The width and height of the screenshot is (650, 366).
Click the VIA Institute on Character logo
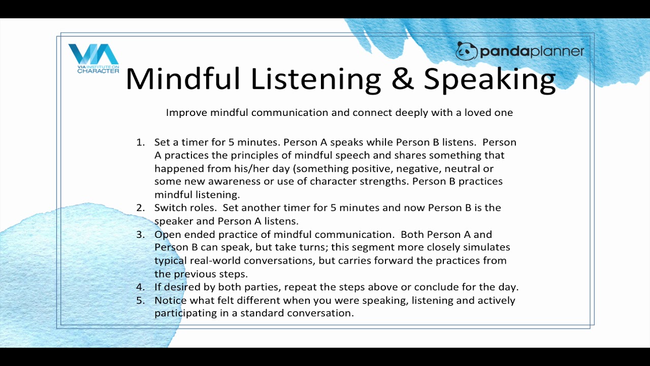click(x=93, y=58)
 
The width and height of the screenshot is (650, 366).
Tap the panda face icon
click(x=466, y=51)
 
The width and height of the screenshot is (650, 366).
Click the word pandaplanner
click(x=532, y=51)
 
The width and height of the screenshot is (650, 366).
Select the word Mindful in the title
click(x=183, y=79)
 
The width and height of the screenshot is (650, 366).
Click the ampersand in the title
click(x=402, y=79)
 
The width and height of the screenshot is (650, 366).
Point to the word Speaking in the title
click(x=490, y=80)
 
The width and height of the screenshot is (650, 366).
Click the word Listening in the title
click(x=316, y=80)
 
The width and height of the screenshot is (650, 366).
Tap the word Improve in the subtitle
click(x=186, y=113)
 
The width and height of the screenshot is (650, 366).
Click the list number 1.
click(x=141, y=142)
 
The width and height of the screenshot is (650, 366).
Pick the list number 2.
click(x=141, y=208)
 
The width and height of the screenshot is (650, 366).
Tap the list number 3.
click(x=141, y=234)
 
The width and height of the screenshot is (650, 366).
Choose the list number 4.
click(x=141, y=287)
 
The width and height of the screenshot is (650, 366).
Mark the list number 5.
click(x=141, y=300)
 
